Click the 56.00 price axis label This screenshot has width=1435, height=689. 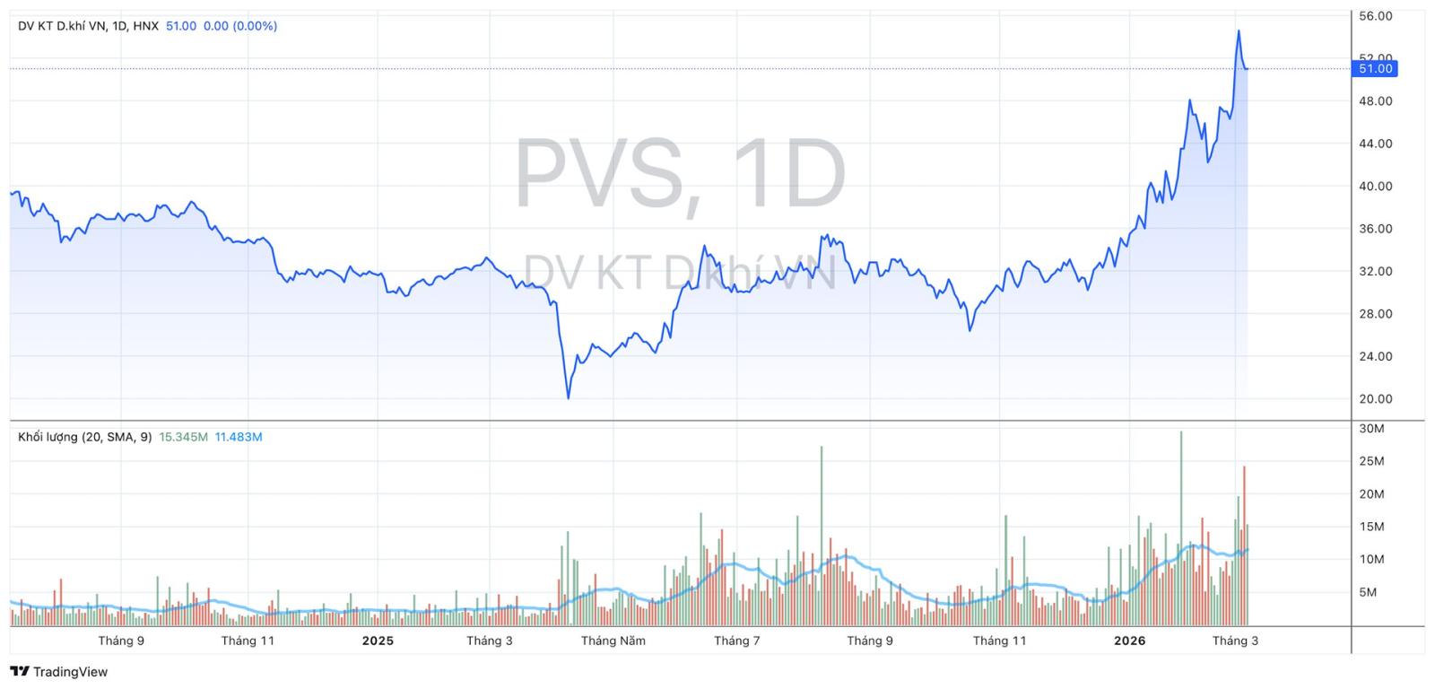coord(1376,16)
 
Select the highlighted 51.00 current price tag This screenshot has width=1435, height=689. coord(1376,69)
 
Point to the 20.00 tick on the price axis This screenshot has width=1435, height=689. coord(1376,399)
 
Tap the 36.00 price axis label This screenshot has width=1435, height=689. coord(1376,229)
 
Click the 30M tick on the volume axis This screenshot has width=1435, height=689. coord(1372,429)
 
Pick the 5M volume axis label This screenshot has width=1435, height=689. coord(1368,592)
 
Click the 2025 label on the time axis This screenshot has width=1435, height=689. coord(378,641)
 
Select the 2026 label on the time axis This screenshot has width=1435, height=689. coord(1130,641)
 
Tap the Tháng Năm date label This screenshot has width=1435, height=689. coord(613,641)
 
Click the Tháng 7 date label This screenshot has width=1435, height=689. coord(737,641)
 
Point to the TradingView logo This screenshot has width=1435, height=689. coord(59,672)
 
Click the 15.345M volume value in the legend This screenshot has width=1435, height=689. coord(183,437)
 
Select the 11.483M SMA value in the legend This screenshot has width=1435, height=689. coord(239,437)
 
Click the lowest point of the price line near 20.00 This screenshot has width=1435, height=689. coord(568,397)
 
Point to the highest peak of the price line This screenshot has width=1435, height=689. coord(1239,31)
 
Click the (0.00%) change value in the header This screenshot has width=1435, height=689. coord(255,26)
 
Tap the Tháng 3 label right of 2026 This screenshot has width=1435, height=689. coord(1235,641)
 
